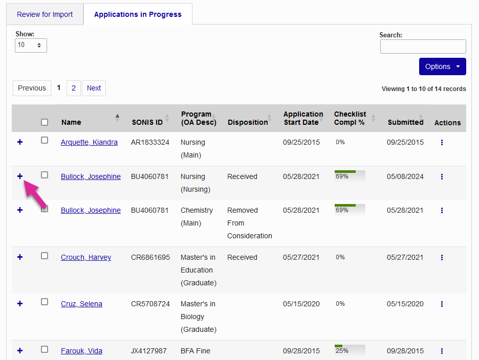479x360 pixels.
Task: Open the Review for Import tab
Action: [x=45, y=14]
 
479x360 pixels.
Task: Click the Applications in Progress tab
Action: [x=138, y=14]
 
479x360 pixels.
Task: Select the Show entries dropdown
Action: [x=31, y=45]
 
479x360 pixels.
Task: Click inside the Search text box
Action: [x=423, y=47]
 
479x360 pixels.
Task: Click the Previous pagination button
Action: [x=32, y=88]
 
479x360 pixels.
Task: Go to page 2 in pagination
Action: [x=73, y=88]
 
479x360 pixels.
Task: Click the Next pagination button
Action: [x=94, y=88]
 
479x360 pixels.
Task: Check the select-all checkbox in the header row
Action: [x=45, y=122]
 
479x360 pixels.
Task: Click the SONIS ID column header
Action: [x=147, y=122]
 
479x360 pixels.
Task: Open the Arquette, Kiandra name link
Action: [x=89, y=142]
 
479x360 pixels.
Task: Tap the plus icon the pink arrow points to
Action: [x=20, y=176]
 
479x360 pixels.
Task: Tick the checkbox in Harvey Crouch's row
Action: [x=45, y=256]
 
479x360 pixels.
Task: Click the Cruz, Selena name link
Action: [x=81, y=304]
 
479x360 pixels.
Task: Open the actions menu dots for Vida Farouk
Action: [x=442, y=351]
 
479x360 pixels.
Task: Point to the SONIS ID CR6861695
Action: [x=150, y=257]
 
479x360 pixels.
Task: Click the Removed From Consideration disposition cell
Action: [x=249, y=223]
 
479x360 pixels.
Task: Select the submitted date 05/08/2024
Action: [x=405, y=176]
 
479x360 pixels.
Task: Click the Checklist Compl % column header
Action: [x=350, y=118]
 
